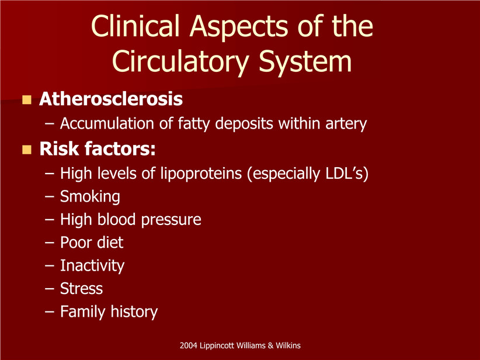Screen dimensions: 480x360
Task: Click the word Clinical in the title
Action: click(x=135, y=26)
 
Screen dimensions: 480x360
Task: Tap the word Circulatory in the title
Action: click(x=180, y=61)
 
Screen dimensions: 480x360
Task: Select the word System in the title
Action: click(x=305, y=61)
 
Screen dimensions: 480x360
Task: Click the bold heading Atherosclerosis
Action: click(x=111, y=99)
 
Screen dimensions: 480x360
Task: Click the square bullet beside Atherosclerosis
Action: click(x=27, y=99)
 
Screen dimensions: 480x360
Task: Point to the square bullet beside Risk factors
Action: click(x=27, y=150)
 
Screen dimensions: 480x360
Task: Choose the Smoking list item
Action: click(x=90, y=196)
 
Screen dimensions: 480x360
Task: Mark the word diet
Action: click(x=110, y=243)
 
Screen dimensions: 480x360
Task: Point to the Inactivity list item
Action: click(x=92, y=266)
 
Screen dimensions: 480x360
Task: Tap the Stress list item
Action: click(x=81, y=289)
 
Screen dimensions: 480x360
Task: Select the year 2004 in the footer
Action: click(x=188, y=345)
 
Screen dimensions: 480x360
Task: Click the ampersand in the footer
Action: click(x=270, y=345)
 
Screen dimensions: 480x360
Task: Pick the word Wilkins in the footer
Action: click(x=288, y=345)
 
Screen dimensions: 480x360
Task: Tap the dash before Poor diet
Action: click(x=49, y=243)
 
